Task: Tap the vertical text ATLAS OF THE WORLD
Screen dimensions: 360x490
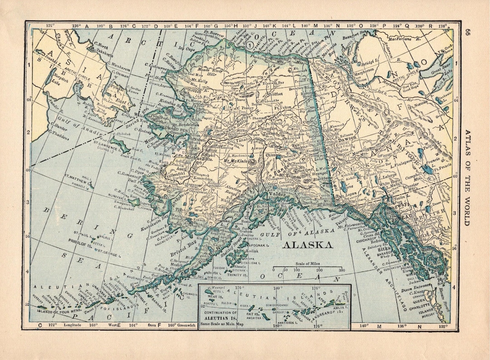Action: pos(467,177)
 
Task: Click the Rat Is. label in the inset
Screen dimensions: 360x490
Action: pos(253,314)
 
